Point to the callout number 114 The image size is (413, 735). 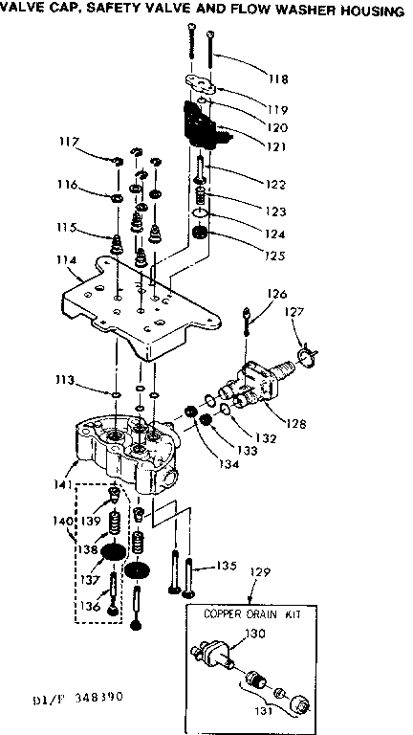64,258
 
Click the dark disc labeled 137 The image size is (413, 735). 113,557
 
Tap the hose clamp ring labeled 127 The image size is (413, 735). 304,359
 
